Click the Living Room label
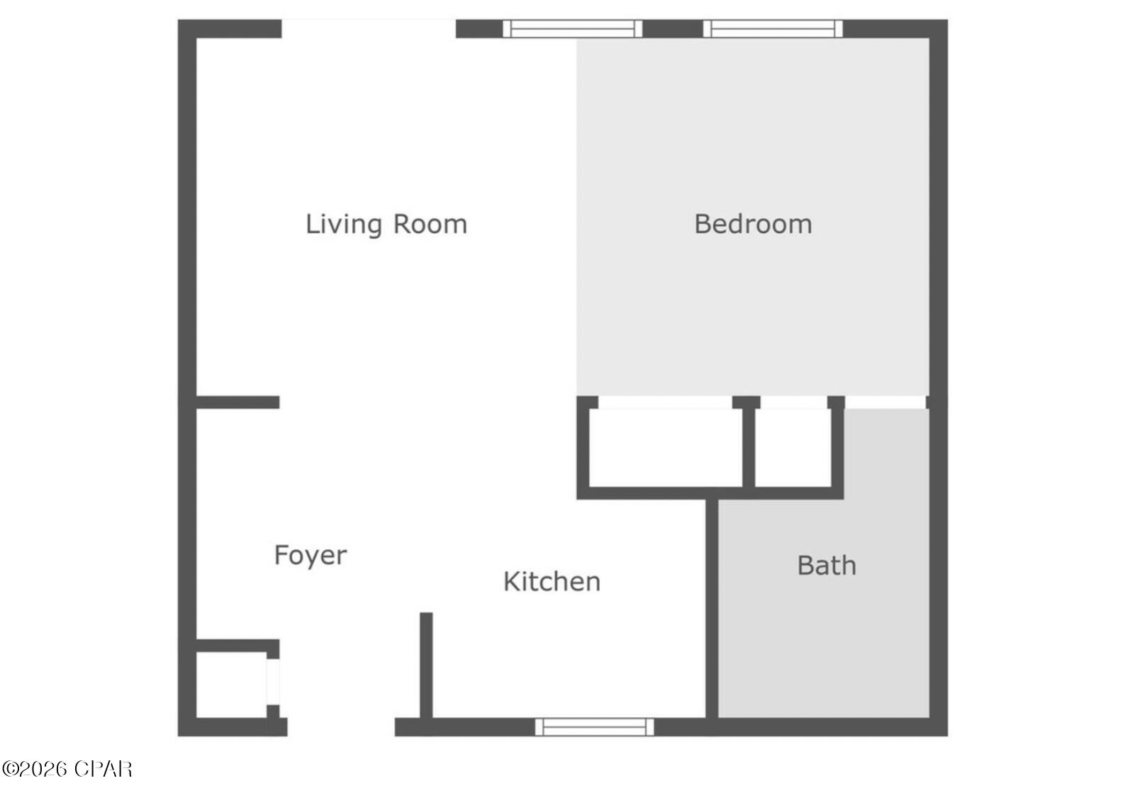386,225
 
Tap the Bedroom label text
753,225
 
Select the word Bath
827,565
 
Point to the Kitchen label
552,582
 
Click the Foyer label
311,555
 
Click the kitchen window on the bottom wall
594,727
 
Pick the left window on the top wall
572,29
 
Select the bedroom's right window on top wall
773,29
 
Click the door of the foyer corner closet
273,682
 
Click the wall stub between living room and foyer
238,402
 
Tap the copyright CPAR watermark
67,769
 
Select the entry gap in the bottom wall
341,727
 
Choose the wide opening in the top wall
369,29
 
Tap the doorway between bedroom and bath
885,402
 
